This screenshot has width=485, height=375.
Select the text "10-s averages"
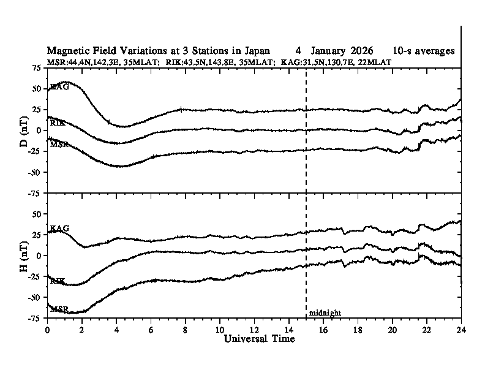pos(424,51)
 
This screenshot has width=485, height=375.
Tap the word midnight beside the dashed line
pos(325,313)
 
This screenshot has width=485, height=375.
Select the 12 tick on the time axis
pos(254,329)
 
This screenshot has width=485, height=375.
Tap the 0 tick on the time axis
pos(47,329)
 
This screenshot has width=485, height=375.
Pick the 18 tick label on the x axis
pos(358,329)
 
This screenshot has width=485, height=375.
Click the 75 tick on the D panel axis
pos(37,67)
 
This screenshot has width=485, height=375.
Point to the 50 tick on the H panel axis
pos(37,214)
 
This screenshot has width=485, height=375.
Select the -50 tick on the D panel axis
pos(35,172)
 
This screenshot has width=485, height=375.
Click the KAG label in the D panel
pos(59,87)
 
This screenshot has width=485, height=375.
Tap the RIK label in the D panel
pos(58,123)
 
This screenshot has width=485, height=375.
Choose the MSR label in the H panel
pos(59,309)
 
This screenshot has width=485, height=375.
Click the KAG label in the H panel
pos(59,229)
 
